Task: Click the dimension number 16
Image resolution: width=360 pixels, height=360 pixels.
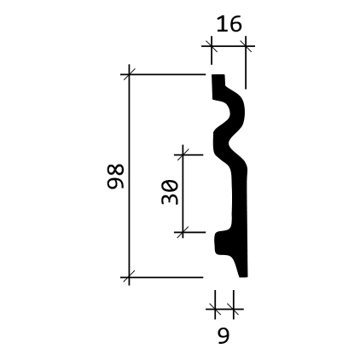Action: pyautogui.click(x=229, y=24)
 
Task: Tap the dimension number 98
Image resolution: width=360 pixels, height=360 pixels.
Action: pyautogui.click(x=115, y=177)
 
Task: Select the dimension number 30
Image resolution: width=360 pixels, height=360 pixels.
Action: pyautogui.click(x=170, y=192)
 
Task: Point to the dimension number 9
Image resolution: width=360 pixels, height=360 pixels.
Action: pyautogui.click(x=224, y=335)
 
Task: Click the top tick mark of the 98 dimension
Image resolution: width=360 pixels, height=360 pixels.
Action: pyautogui.click(x=129, y=74)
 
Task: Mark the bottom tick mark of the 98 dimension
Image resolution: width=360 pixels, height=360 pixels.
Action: pyautogui.click(x=129, y=277)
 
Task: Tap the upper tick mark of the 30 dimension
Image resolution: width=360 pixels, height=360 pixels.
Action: pyautogui.click(x=183, y=155)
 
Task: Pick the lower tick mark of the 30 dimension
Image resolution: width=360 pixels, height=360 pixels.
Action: pyautogui.click(x=183, y=232)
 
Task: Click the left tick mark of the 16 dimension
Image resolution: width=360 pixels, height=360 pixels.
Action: pyautogui.click(x=212, y=46)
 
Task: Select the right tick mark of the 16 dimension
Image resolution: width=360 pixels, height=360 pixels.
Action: pyautogui.click(x=246, y=46)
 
